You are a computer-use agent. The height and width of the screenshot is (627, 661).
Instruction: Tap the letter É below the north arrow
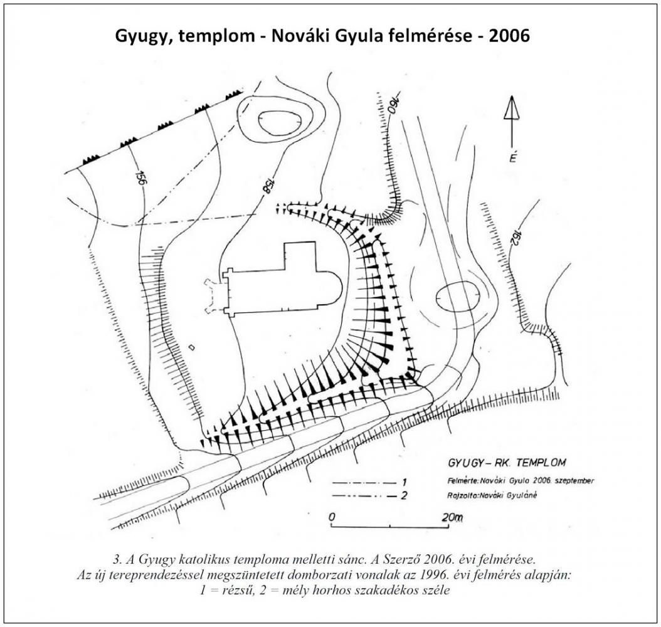(513, 157)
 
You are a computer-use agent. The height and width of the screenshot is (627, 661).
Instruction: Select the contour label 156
(141, 178)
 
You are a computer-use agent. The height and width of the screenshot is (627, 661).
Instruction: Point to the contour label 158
(267, 186)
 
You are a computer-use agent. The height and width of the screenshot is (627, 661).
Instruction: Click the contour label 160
(384, 102)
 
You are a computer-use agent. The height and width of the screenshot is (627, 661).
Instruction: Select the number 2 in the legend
(404, 495)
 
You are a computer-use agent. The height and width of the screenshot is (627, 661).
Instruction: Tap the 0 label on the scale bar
(332, 517)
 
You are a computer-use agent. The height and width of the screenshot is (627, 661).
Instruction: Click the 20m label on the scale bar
(452, 517)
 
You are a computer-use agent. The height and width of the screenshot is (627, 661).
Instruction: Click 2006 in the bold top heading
(509, 36)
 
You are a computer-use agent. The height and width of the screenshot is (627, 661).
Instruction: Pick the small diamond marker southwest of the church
(193, 347)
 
